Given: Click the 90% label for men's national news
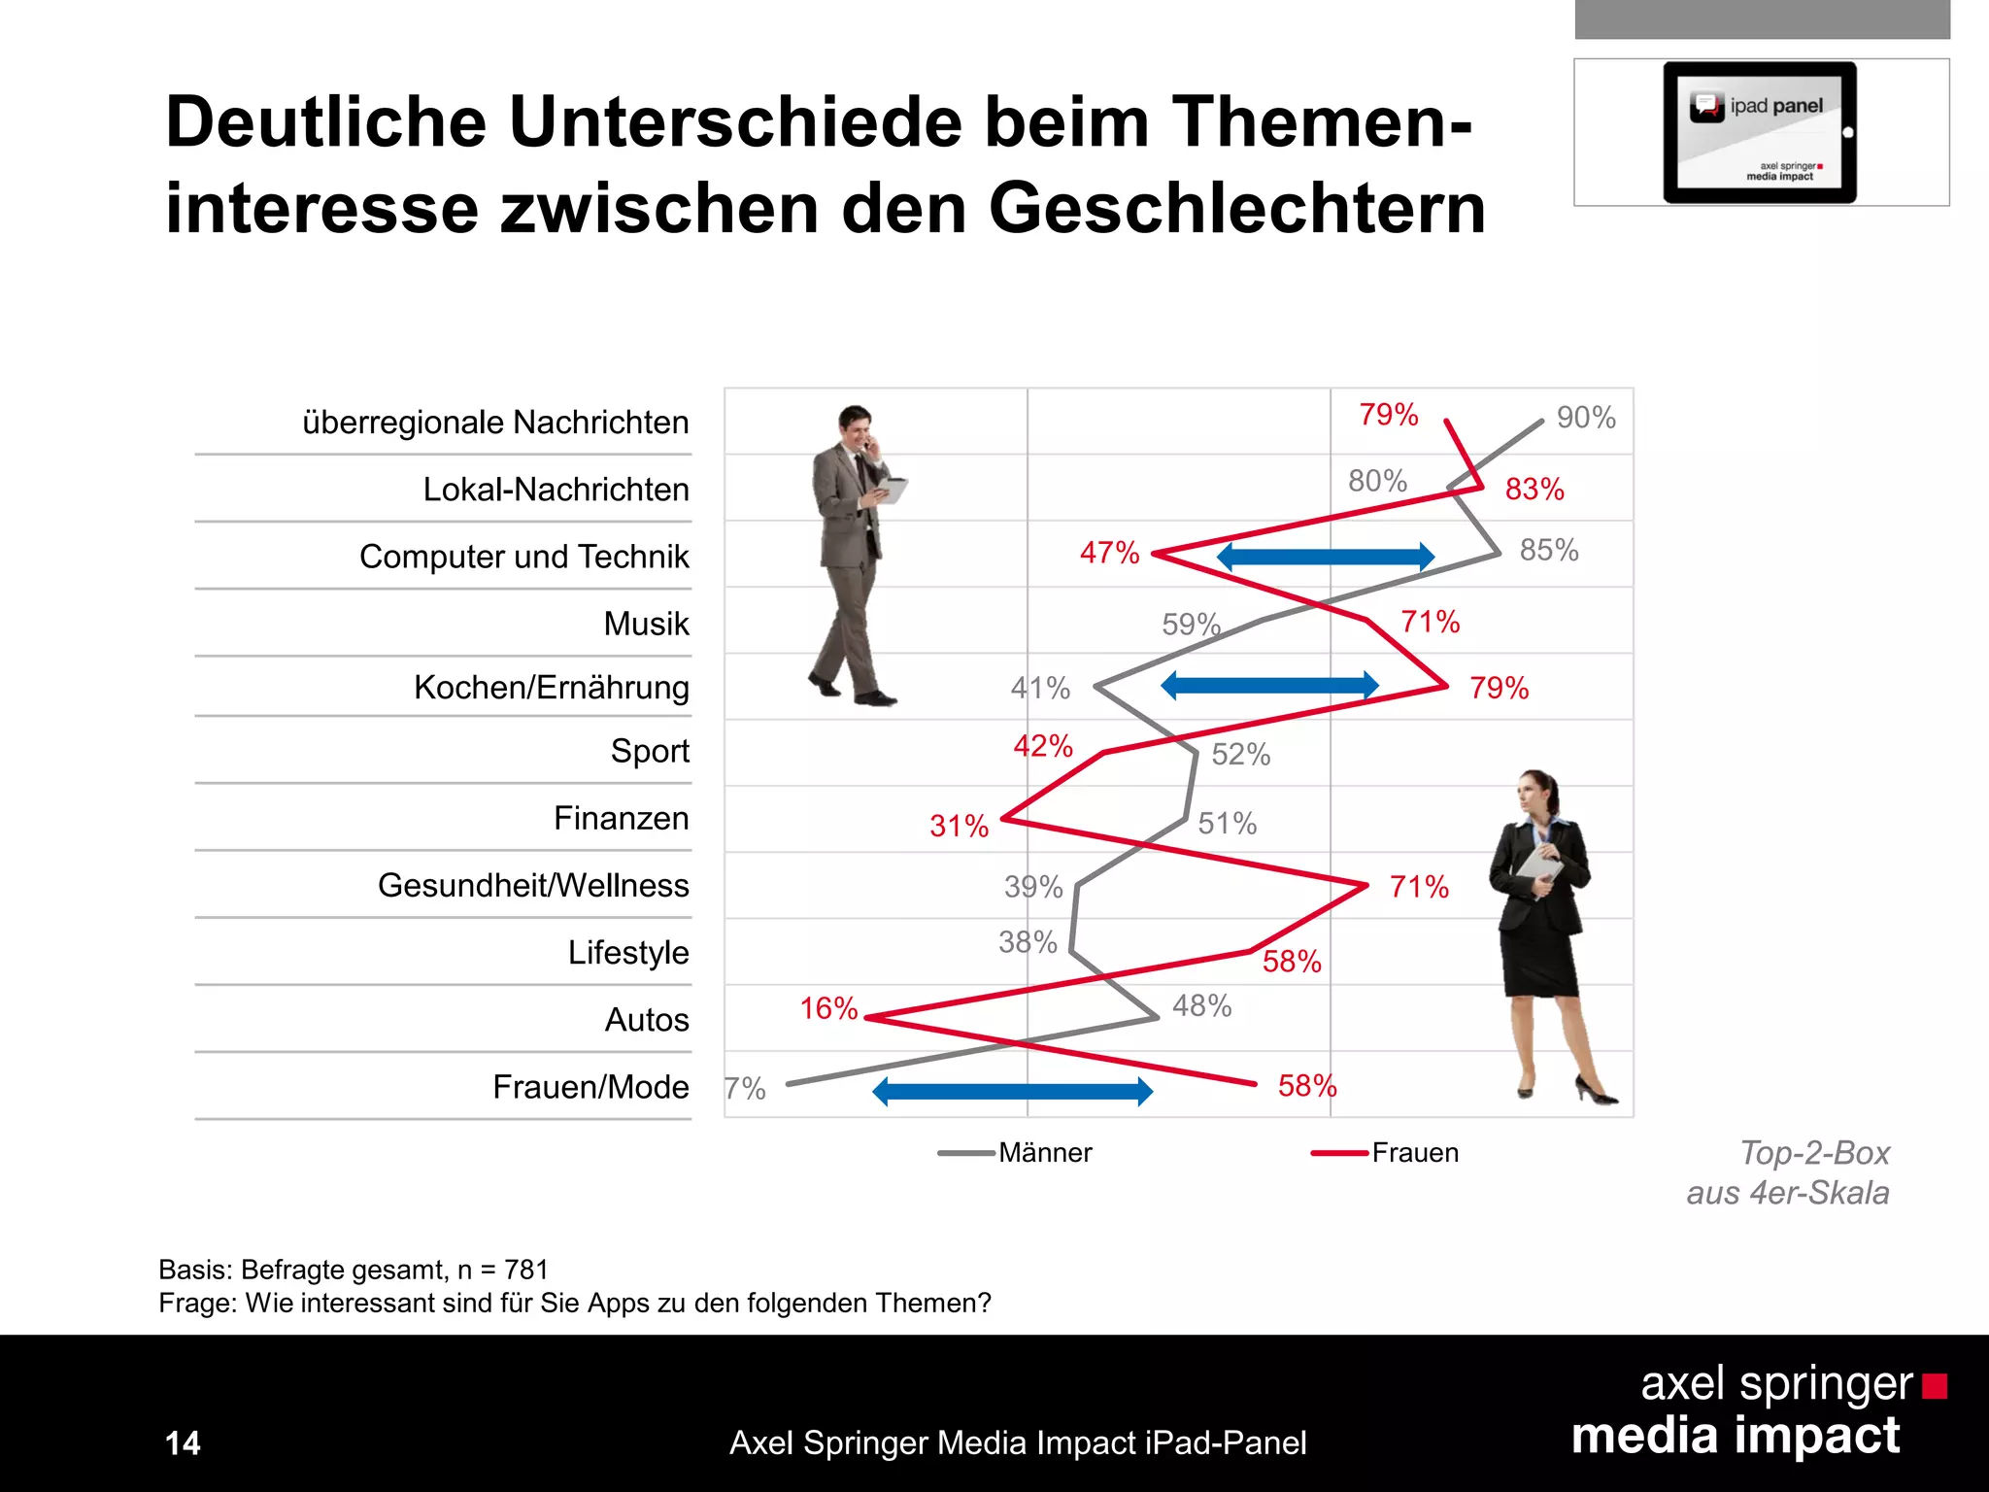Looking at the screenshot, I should pyautogui.click(x=1585, y=418).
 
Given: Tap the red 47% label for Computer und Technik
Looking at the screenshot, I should pyautogui.click(x=1109, y=553).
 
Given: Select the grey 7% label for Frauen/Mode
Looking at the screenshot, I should pyautogui.click(x=746, y=1089).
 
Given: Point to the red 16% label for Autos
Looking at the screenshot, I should pyautogui.click(x=828, y=1008).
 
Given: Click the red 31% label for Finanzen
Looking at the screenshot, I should pyautogui.click(x=959, y=827).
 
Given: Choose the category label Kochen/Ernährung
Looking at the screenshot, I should pyautogui.click(x=551, y=688).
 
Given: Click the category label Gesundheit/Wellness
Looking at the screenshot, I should pyautogui.click(x=533, y=886).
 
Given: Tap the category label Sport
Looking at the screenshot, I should pyautogui.click(x=649, y=751).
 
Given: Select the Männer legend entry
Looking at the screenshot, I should pyautogui.click(x=1044, y=1153).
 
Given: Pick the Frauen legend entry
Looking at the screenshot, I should pyautogui.click(x=1414, y=1153).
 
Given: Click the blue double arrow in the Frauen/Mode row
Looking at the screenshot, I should pyautogui.click(x=1012, y=1092).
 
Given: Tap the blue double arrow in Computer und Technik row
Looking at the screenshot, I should pyautogui.click(x=1325, y=557).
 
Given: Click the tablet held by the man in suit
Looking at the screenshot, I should pyautogui.click(x=891, y=491).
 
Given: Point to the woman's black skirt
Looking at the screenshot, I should pyautogui.click(x=1539, y=962).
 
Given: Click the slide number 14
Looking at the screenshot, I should pyautogui.click(x=183, y=1443).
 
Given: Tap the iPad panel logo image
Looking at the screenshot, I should pyautogui.click(x=1760, y=133).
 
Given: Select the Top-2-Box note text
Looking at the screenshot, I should pyautogui.click(x=1813, y=1153).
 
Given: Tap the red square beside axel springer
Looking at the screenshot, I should pyautogui.click(x=1934, y=1386).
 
